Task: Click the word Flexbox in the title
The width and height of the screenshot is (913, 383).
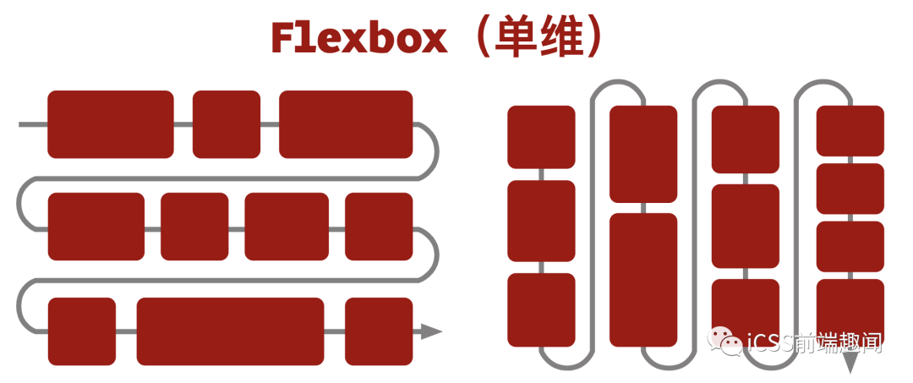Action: click(358, 40)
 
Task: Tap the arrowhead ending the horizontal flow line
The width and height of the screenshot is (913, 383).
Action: click(431, 331)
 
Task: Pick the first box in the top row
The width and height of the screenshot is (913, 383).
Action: click(111, 124)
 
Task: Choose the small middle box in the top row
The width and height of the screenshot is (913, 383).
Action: click(227, 124)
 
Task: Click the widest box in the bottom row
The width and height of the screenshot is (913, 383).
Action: click(230, 331)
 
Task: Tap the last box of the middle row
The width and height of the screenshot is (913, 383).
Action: click(379, 227)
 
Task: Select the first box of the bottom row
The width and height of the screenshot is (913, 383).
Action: click(82, 331)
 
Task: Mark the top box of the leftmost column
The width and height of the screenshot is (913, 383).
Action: click(542, 137)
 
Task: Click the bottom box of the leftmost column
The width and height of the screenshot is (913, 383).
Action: click(542, 310)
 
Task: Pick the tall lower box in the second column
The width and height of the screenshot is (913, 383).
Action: click(643, 280)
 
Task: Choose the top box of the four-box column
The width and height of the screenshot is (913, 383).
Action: click(850, 130)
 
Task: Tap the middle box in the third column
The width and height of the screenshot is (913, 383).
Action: click(746, 226)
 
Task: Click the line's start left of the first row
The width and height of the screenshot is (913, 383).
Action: click(19, 124)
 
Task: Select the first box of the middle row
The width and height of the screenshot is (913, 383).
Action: click(96, 227)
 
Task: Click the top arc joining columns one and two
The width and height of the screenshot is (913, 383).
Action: click(618, 82)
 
